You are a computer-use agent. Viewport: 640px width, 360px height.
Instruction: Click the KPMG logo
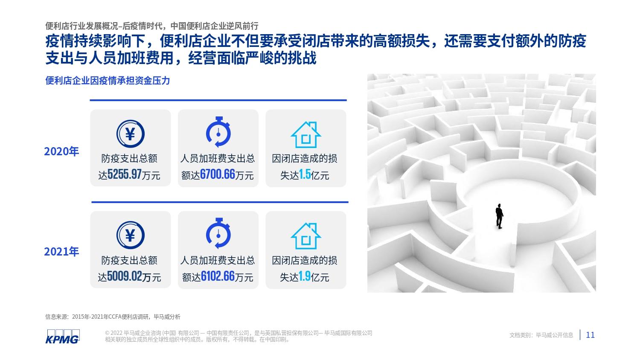(63, 337)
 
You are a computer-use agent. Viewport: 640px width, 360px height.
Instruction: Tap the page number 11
(590, 335)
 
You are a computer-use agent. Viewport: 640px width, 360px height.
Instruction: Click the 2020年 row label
(61, 151)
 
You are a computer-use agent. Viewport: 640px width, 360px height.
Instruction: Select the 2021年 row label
(61, 252)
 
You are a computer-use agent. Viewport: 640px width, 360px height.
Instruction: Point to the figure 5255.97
(125, 174)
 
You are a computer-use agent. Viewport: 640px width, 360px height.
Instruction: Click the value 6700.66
(218, 174)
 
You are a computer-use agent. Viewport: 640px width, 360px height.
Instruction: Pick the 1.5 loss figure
(305, 174)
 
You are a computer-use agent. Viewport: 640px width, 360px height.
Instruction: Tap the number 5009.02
(125, 276)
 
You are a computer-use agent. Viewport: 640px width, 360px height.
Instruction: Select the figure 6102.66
(218, 276)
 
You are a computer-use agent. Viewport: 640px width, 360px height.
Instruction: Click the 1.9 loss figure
(305, 276)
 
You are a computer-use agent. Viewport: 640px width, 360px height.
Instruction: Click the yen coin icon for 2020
(130, 134)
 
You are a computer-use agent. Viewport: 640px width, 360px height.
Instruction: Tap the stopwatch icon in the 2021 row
(218, 233)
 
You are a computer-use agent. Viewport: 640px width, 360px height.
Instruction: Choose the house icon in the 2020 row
(306, 134)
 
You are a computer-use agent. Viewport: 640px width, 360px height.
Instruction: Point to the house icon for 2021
(306, 236)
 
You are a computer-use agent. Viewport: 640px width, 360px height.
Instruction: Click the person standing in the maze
(499, 216)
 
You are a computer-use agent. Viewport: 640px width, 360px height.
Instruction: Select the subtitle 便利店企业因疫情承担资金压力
(108, 81)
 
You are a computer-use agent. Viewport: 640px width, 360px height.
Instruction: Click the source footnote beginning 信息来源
(113, 316)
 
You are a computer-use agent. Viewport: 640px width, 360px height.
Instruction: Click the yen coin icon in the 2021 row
(130, 235)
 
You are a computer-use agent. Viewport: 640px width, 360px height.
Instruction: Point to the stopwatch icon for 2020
(218, 132)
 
